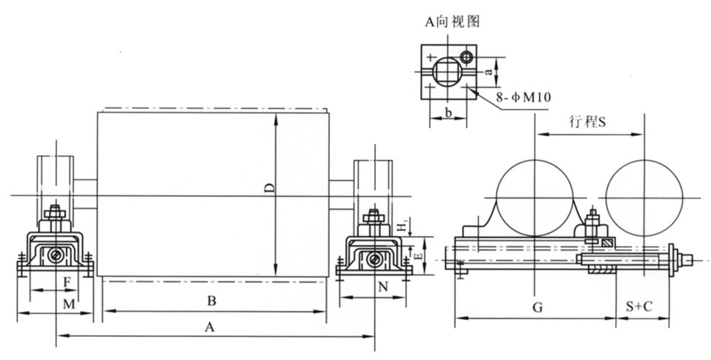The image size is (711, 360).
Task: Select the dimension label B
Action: (x=212, y=300)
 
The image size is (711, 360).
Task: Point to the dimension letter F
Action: (x=67, y=282)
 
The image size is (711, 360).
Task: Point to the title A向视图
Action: (x=451, y=22)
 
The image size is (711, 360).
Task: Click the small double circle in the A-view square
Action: (x=467, y=56)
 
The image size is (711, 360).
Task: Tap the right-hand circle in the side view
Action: (x=644, y=197)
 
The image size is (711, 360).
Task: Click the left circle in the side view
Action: (x=534, y=197)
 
